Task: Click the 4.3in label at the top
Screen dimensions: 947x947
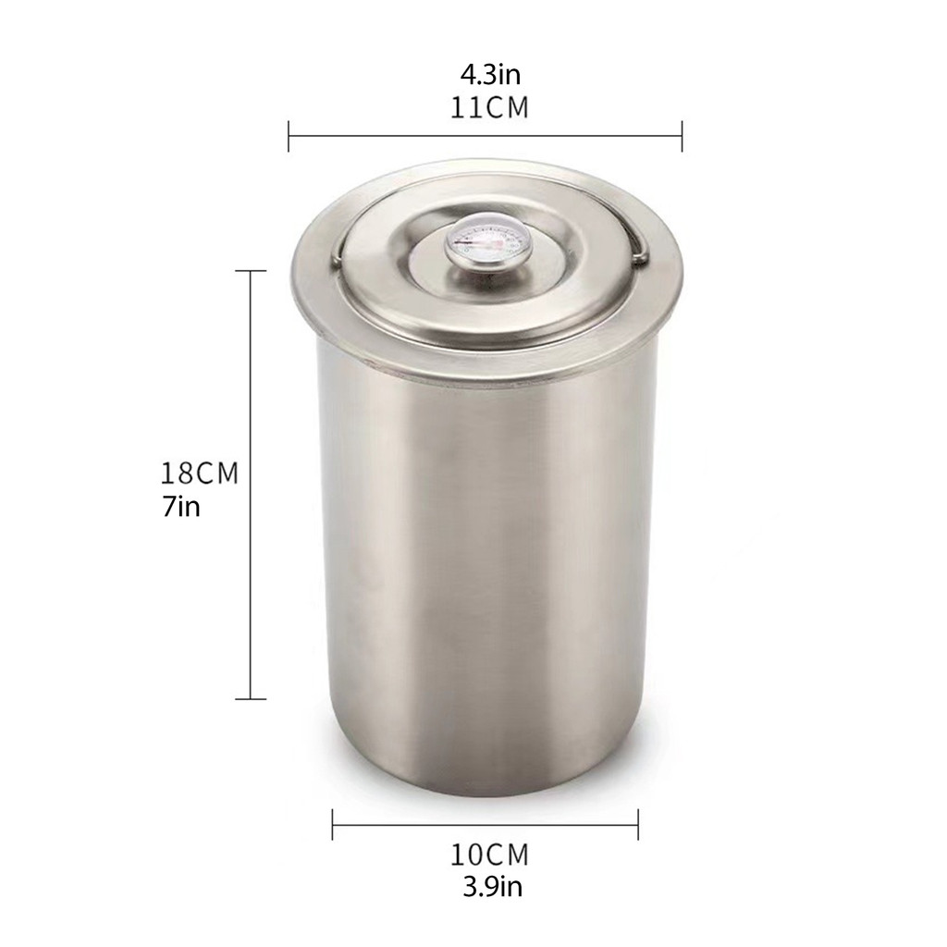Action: [490, 76]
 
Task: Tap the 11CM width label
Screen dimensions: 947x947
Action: [490, 108]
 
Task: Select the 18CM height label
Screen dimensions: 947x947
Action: [200, 473]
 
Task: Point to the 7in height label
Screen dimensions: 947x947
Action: [180, 507]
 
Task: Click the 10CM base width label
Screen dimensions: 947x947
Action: [490, 855]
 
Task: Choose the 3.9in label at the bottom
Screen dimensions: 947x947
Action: [492, 887]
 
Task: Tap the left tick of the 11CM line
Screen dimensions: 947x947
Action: [289, 137]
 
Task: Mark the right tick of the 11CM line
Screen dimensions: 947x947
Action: [682, 137]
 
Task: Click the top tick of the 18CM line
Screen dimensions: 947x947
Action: [251, 271]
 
